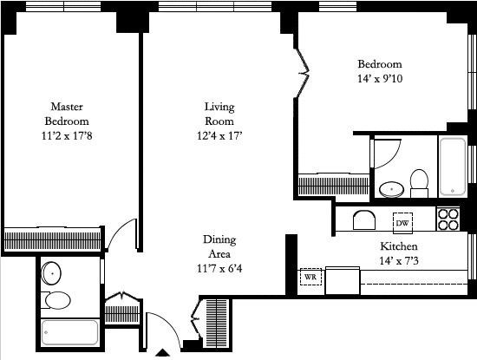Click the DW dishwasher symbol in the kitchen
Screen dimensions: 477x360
coord(402,223)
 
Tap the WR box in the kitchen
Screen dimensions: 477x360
coord(310,277)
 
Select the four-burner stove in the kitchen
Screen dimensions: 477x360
coord(448,219)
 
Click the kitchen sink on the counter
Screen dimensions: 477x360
coord(364,220)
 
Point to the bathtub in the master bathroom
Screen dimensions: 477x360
coord(69,332)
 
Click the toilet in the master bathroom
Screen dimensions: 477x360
coord(56,300)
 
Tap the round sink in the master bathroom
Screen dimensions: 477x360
coord(51,273)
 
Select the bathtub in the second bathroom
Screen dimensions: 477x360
coord(453,167)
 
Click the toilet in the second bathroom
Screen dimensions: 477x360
coord(419,183)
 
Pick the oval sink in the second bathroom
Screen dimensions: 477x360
coord(391,189)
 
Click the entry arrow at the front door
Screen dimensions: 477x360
coord(163,352)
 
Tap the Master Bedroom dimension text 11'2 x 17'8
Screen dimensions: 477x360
coord(67,135)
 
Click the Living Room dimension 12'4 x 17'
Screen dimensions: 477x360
coord(219,135)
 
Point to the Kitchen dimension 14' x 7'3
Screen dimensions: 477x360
coord(399,261)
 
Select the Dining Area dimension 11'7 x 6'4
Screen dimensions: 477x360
coord(219,269)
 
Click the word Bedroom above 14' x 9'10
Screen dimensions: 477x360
coord(380,64)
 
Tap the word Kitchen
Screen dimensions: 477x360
coord(399,246)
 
